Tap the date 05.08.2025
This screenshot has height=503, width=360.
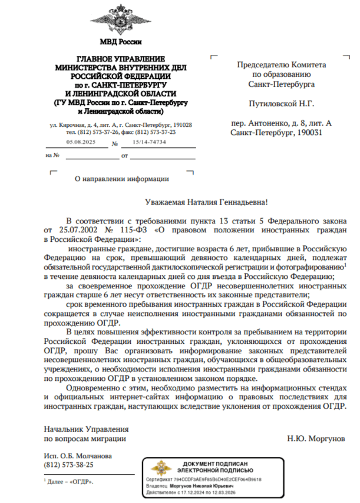(x=81, y=143)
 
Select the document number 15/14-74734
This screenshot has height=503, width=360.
(x=146, y=143)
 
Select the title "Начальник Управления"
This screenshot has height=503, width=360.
(x=86, y=429)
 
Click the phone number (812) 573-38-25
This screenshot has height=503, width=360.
(x=69, y=465)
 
